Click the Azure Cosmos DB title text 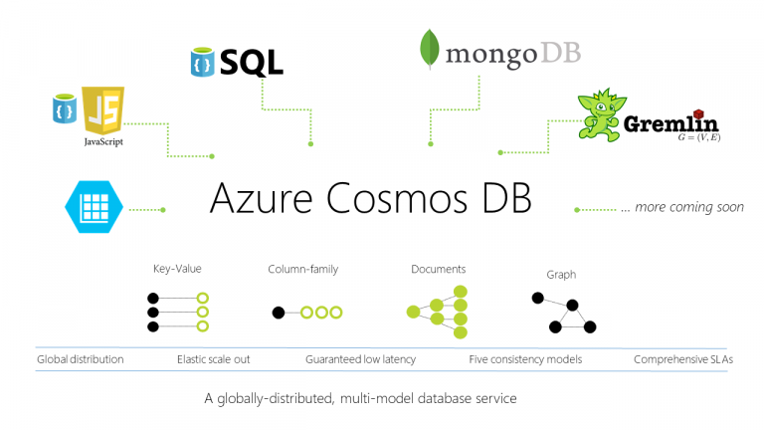click(370, 198)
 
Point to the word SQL click(251, 62)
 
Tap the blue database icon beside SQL click(202, 62)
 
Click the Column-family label click(304, 269)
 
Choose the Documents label click(438, 269)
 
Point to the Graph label click(561, 275)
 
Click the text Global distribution click(81, 359)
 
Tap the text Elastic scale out click(215, 359)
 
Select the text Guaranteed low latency click(360, 359)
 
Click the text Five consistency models click(524, 359)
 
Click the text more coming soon click(681, 208)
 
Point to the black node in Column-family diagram click(279, 313)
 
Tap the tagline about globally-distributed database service click(360, 398)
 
